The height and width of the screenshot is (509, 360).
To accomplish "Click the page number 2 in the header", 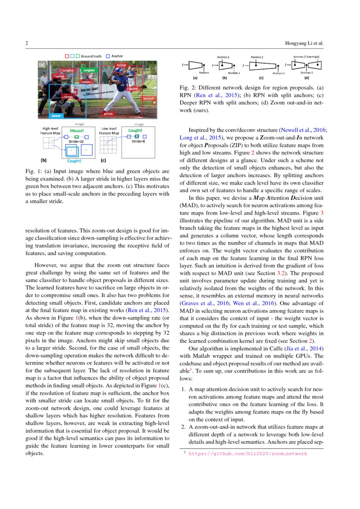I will coord(27,43).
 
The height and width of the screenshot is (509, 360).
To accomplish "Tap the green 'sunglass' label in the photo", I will coord(89,71).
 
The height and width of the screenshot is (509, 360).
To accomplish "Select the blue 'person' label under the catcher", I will coord(56,116).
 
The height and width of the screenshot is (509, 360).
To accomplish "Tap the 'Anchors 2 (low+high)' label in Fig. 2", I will coord(306,57).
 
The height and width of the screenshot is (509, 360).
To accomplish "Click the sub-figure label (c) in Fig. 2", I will coord(261,78).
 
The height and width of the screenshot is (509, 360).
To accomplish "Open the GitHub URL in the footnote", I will coord(247,454).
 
